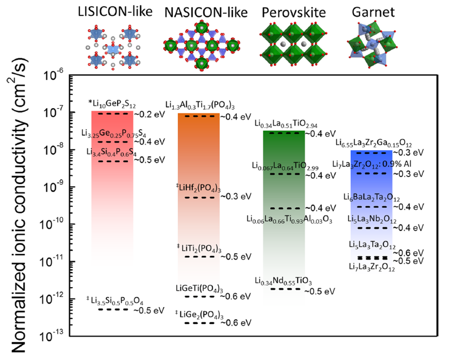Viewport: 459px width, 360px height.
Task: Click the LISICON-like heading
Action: [x=115, y=12]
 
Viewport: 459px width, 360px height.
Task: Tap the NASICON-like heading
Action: [x=206, y=13]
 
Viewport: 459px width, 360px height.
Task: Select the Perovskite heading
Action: [x=293, y=13]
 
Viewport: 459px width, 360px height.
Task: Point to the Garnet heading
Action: [x=373, y=12]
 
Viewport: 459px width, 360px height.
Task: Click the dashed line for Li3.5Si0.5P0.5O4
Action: [x=113, y=309]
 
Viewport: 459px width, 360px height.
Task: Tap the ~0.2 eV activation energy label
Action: [x=149, y=114]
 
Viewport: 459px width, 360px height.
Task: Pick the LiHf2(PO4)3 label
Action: [x=198, y=188]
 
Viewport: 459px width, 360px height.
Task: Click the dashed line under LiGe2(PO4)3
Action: [x=199, y=323]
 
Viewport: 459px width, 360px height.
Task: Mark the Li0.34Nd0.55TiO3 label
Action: [x=283, y=281]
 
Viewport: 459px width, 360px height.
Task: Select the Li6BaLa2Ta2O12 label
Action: [x=371, y=197]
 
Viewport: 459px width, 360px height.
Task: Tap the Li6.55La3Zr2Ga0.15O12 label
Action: [x=373, y=143]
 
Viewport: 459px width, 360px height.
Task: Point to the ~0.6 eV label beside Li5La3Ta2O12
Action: [x=408, y=253]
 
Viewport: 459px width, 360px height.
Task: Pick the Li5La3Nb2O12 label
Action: [x=372, y=219]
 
